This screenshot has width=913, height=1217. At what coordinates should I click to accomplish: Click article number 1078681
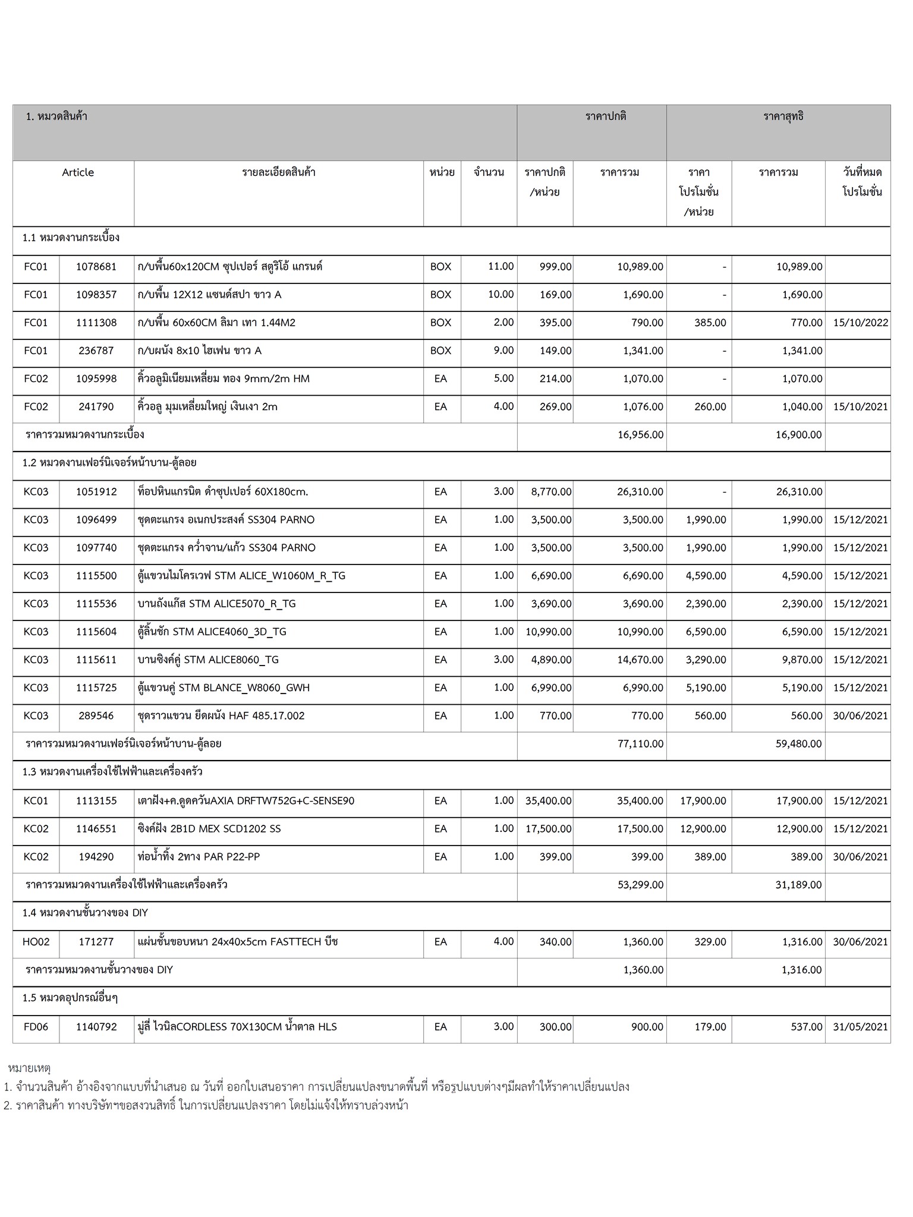click(96, 267)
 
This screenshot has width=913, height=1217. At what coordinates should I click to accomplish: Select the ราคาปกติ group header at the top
click(606, 116)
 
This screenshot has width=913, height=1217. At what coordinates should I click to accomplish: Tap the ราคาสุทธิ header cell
click(783, 116)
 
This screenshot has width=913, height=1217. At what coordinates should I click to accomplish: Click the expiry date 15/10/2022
click(860, 323)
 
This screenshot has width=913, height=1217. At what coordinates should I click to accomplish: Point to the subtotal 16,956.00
click(640, 435)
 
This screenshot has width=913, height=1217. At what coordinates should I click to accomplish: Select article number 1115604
click(96, 632)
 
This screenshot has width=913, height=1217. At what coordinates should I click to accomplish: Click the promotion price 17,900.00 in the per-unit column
click(703, 801)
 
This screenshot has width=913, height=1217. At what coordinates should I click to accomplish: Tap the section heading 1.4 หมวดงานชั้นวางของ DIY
click(85, 913)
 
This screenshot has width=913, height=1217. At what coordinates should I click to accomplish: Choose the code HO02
click(36, 942)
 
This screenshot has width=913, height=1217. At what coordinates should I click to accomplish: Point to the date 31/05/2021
click(860, 1027)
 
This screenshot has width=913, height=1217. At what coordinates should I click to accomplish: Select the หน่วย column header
click(442, 172)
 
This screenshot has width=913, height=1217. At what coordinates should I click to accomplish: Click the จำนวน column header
click(489, 172)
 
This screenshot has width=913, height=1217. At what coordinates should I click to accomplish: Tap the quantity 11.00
click(500, 266)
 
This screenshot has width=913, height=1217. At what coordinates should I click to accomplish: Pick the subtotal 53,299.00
click(640, 885)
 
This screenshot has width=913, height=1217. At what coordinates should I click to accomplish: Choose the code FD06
click(36, 1027)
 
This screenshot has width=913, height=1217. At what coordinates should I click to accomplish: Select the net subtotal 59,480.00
click(798, 744)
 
